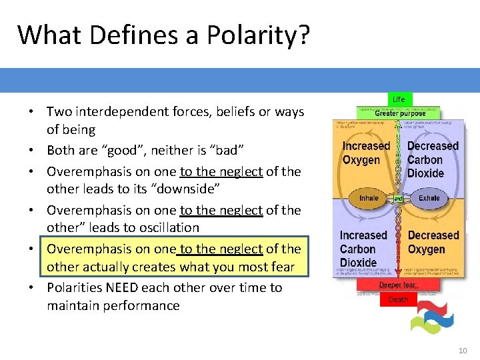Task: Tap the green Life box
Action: (x=398, y=99)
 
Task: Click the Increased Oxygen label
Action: (x=366, y=153)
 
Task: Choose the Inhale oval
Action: (x=369, y=198)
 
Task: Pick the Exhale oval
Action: (x=429, y=198)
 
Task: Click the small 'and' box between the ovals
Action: (x=398, y=199)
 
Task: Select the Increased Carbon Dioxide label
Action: (x=363, y=249)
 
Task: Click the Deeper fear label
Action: (x=398, y=285)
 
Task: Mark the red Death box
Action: (x=398, y=299)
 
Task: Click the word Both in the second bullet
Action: (x=61, y=150)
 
